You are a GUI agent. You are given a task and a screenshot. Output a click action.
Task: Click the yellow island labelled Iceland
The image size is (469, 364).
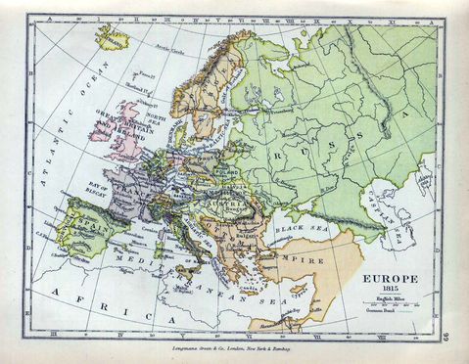(114, 40)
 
